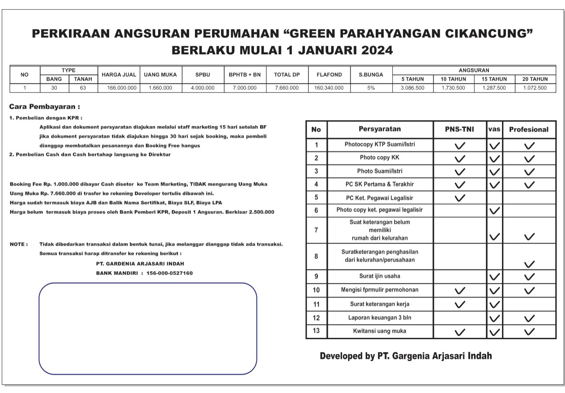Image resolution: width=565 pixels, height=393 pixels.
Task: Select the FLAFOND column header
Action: pyautogui.click(x=329, y=75)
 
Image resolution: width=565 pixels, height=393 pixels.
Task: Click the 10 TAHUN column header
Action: pyautogui.click(x=454, y=79)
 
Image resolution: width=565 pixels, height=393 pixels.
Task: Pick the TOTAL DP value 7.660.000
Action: pyautogui.click(x=287, y=88)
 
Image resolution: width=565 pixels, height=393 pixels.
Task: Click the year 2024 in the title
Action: pyautogui.click(x=377, y=50)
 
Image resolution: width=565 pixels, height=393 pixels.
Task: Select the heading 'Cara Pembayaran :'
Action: pyautogui.click(x=45, y=107)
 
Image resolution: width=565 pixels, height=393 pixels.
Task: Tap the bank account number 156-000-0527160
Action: pyautogui.click(x=170, y=273)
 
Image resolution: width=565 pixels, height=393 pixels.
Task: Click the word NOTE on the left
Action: pyautogui.click(x=18, y=244)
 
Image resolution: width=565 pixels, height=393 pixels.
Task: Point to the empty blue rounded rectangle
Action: pyautogui.click(x=148, y=328)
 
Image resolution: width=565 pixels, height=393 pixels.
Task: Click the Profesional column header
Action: pyautogui.click(x=529, y=129)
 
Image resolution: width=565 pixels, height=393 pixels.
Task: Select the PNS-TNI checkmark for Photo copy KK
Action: pyautogui.click(x=460, y=159)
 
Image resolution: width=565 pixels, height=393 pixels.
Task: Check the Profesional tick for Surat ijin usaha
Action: pyautogui.click(x=529, y=277)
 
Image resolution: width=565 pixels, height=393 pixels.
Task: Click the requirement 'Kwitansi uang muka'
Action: pyautogui.click(x=379, y=331)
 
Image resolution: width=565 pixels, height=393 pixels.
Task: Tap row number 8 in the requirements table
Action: pyautogui.click(x=316, y=256)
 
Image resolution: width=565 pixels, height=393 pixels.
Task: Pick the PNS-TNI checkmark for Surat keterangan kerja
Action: pyautogui.click(x=460, y=304)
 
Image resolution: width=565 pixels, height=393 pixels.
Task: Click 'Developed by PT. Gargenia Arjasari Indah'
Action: pyautogui.click(x=406, y=356)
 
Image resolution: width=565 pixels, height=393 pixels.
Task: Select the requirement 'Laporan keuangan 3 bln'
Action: pyautogui.click(x=379, y=318)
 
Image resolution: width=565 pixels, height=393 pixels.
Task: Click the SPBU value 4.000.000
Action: pyautogui.click(x=203, y=88)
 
